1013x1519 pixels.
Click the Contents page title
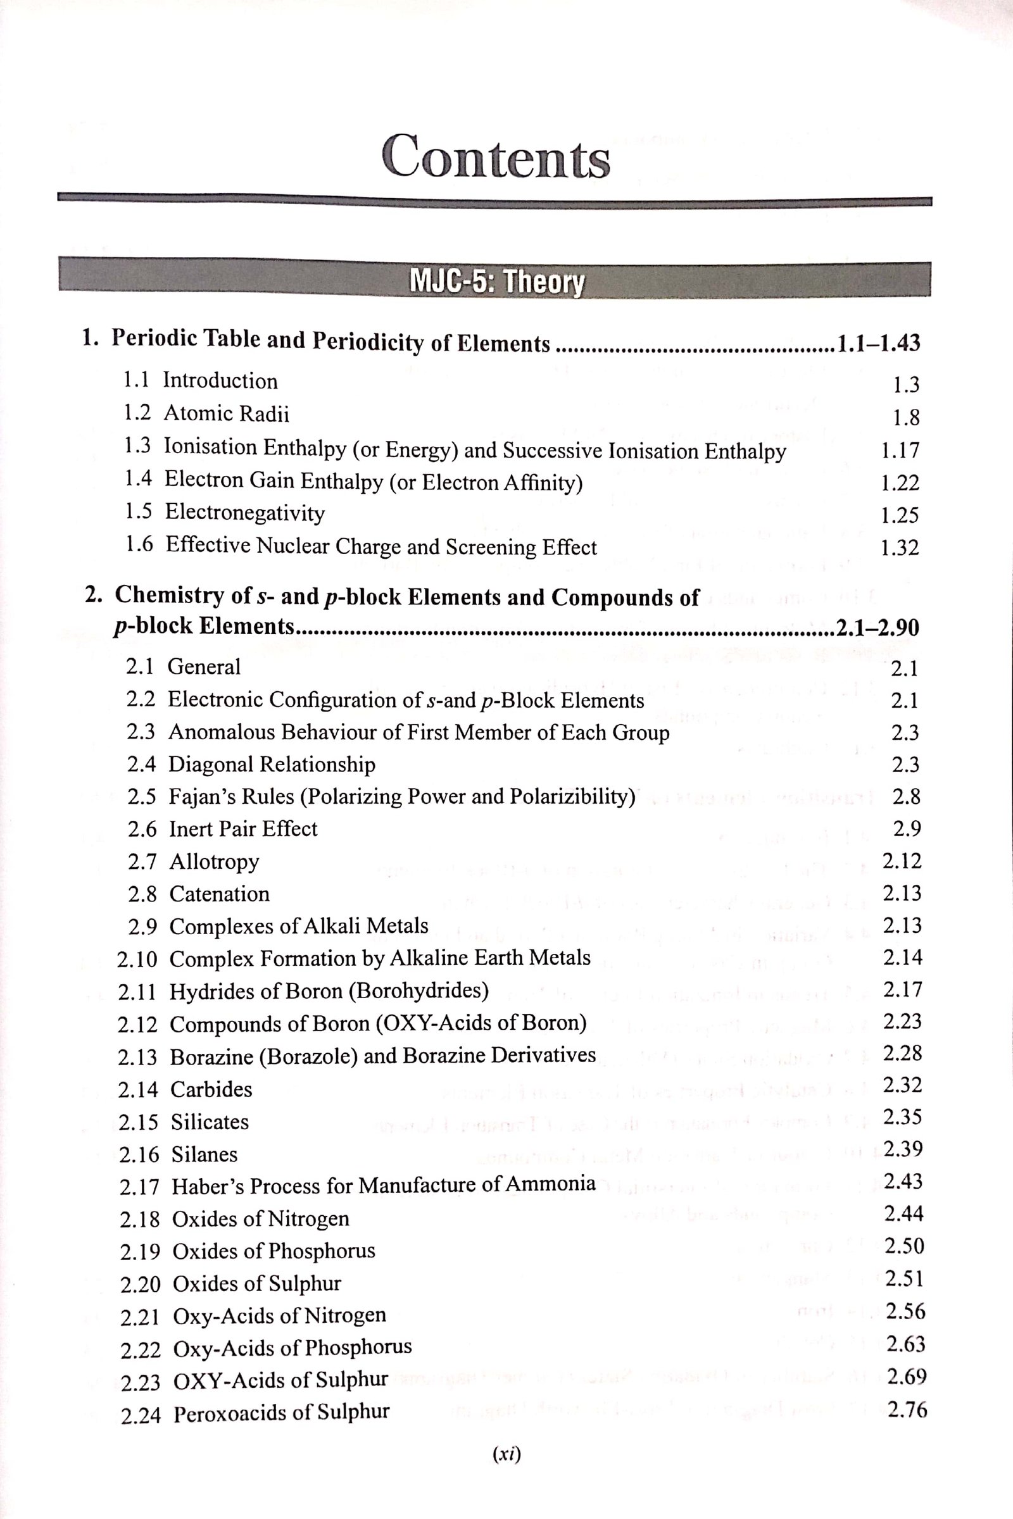pos(496,158)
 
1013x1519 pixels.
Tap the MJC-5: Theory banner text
pos(496,282)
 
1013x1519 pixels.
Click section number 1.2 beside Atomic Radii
pos(137,412)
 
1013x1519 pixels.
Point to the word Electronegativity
pos(245,512)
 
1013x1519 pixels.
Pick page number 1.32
pos(899,548)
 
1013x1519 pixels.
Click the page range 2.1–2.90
pos(878,627)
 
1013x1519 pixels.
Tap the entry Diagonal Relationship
pos(272,765)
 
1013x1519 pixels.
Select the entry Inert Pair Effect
pos(243,828)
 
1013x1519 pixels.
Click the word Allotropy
pos(215,861)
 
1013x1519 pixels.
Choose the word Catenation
pos(220,894)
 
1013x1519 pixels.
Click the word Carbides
pos(211,1089)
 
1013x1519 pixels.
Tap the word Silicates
pos(210,1122)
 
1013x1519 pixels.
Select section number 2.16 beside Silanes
pos(139,1154)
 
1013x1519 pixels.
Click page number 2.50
pos(904,1245)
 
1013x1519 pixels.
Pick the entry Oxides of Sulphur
pos(256,1284)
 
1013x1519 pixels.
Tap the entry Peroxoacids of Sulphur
pos(282,1413)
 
